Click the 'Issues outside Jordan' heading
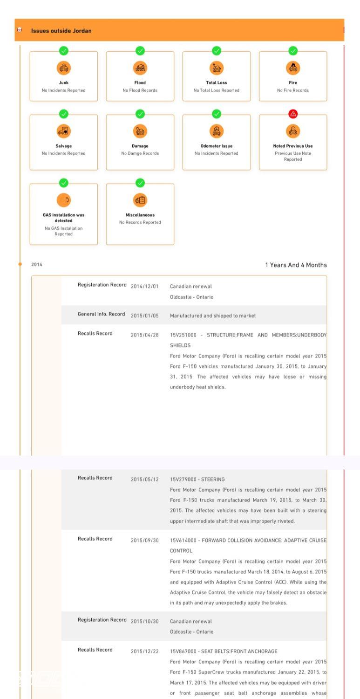click(61, 31)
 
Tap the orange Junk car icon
click(64, 68)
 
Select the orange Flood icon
click(140, 68)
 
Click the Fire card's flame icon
click(293, 68)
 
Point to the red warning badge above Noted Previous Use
click(293, 114)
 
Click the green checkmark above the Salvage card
click(64, 114)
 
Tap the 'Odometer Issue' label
click(217, 146)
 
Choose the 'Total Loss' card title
click(217, 82)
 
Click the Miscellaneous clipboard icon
click(140, 200)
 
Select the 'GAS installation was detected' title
click(64, 218)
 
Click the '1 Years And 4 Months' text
click(296, 265)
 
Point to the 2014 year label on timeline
click(37, 265)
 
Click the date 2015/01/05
click(145, 315)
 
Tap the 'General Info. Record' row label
click(101, 314)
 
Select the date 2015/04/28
click(145, 335)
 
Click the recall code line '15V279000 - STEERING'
click(197, 479)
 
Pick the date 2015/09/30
click(145, 541)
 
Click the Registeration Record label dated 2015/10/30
click(102, 620)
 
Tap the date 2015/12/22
click(145, 651)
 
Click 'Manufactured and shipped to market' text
click(213, 315)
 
